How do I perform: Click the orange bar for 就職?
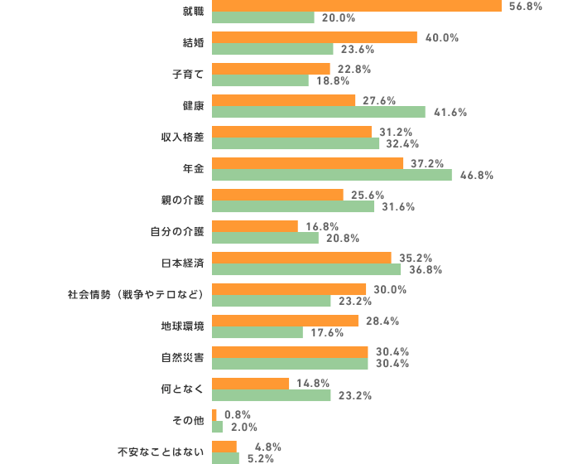pyautogui.click(x=356, y=6)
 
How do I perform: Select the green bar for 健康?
pyautogui.click(x=318, y=112)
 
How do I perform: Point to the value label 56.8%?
pyautogui.click(x=526, y=6)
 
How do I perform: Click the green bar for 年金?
pyautogui.click(x=331, y=175)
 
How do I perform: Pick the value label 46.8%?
pyautogui.click(x=477, y=176)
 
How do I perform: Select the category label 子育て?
pyautogui.click(x=188, y=75)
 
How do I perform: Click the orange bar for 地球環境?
pyautogui.click(x=285, y=320)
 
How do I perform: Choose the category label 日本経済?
pyautogui.click(x=182, y=263)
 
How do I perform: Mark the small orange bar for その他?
pyautogui.click(x=214, y=414)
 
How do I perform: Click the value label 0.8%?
pyautogui.click(x=238, y=414)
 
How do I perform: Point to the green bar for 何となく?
pyautogui.click(x=271, y=395)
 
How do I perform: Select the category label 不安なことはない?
pyautogui.click(x=160, y=452)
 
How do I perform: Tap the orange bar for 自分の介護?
pyautogui.click(x=254, y=225)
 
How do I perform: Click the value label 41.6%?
pyautogui.click(x=450, y=113)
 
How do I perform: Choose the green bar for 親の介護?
pyautogui.click(x=292, y=206)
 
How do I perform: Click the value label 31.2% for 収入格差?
pyautogui.click(x=396, y=132)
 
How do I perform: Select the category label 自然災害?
pyautogui.click(x=182, y=358)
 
